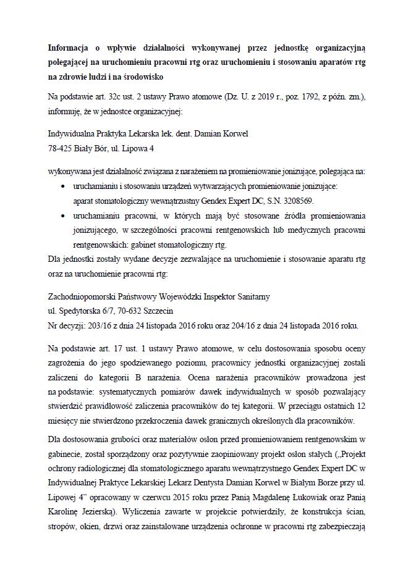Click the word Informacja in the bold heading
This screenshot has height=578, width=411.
coord(68,47)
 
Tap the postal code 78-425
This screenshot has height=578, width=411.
coord(60,149)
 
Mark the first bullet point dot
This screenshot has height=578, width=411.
coord(63,185)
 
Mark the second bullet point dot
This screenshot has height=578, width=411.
coord(63,216)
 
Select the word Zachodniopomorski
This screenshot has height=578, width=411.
coord(79,296)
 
